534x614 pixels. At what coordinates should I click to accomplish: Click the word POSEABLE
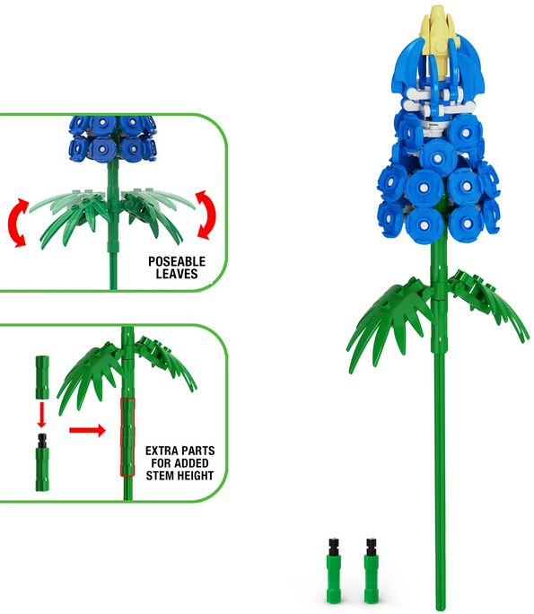tap(177, 261)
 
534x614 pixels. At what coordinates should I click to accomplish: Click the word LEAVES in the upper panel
tap(177, 273)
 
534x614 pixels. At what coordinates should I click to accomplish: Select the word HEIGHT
tap(196, 476)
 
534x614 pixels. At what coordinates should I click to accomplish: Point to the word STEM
tap(161, 476)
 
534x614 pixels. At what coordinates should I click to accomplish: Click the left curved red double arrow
tap(17, 223)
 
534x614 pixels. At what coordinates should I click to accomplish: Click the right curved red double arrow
tap(206, 215)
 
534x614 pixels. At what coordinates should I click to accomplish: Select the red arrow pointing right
tap(87, 430)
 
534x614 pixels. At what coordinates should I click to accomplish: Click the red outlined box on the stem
tap(127, 436)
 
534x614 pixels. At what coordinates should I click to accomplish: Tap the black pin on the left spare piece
tap(334, 547)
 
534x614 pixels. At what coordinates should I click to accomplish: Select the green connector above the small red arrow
tap(42, 377)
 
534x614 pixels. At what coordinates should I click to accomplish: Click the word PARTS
tap(199, 451)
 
